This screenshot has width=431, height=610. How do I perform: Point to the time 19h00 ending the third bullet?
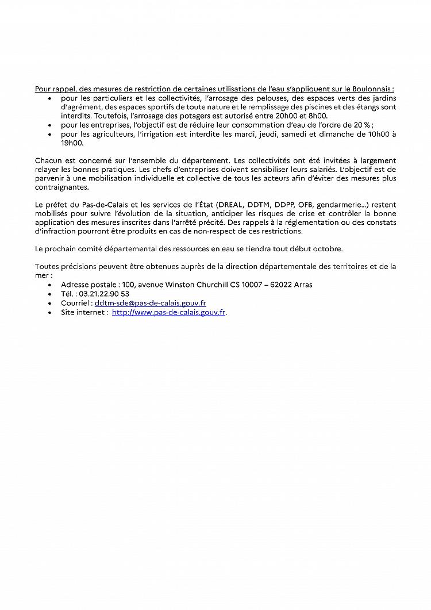pos(72,143)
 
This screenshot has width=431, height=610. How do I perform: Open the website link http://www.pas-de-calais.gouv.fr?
pos(168,312)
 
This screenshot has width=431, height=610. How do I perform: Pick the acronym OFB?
pos(304,205)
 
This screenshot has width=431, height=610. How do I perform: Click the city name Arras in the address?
pos(302,285)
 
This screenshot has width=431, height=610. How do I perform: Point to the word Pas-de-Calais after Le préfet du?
pos(93,205)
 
